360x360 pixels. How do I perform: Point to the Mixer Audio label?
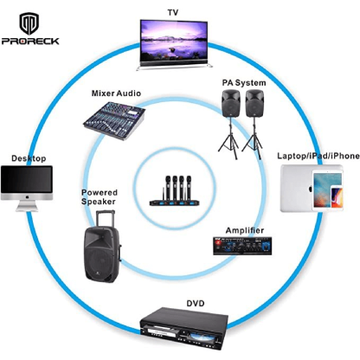(x=118, y=93)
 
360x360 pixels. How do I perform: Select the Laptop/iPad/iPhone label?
(x=318, y=156)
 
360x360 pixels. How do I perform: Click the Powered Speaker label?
(x=99, y=197)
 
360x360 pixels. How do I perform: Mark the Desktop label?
(x=29, y=158)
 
